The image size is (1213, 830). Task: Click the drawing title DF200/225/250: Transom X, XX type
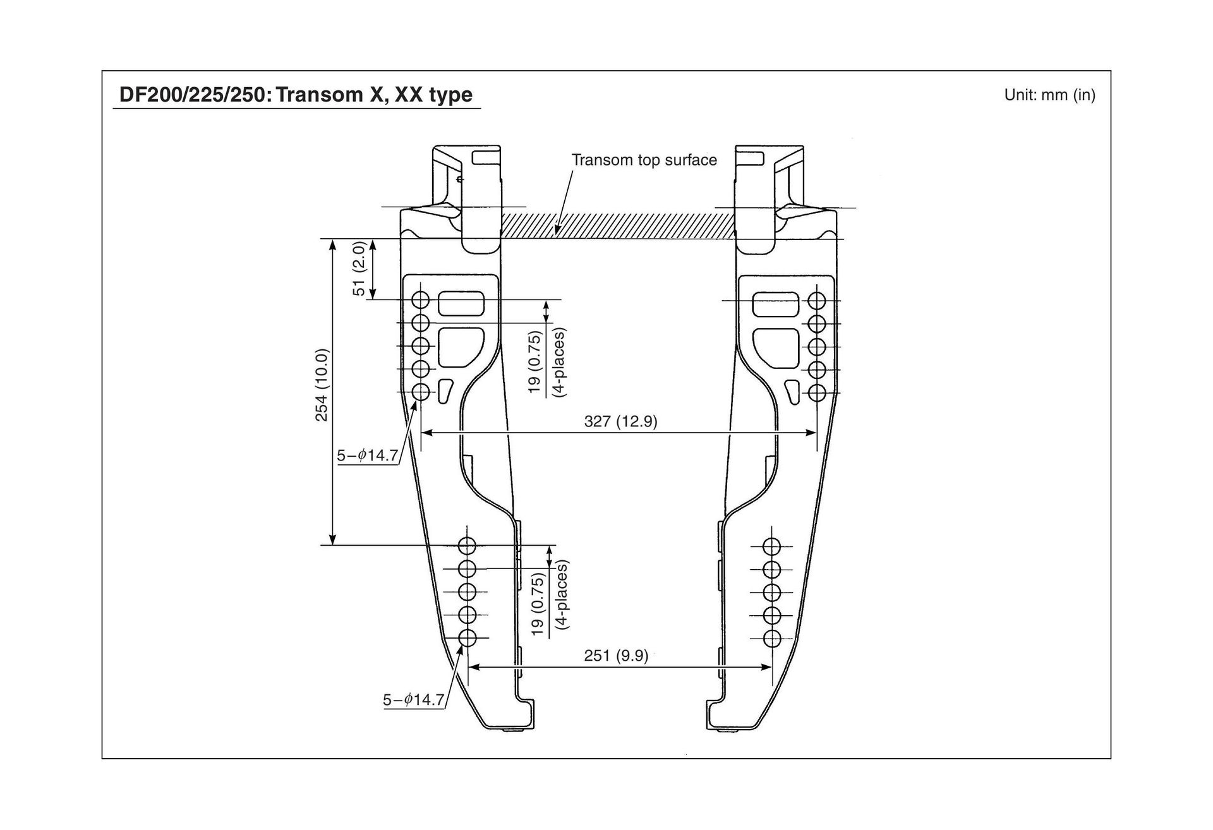296,95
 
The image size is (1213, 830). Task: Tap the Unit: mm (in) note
1049,95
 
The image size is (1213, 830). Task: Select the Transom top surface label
644,160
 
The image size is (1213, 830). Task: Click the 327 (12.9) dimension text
620,421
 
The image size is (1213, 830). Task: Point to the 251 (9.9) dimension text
616,656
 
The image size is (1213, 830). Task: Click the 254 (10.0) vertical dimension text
322,385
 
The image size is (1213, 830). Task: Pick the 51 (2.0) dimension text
359,268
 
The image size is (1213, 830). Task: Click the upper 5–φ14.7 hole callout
367,455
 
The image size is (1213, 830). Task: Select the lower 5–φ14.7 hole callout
413,700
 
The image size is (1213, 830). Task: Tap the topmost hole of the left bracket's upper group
421,299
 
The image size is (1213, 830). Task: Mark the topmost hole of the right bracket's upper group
817,301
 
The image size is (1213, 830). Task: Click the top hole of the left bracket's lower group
468,546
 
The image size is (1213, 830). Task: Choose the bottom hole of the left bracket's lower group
468,638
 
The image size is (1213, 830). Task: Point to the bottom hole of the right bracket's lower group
771,639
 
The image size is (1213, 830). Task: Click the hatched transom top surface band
619,225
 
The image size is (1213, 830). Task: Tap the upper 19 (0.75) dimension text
534,362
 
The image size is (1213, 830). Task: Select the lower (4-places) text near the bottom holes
562,594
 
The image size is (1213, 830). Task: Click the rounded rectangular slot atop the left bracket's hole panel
462,303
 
